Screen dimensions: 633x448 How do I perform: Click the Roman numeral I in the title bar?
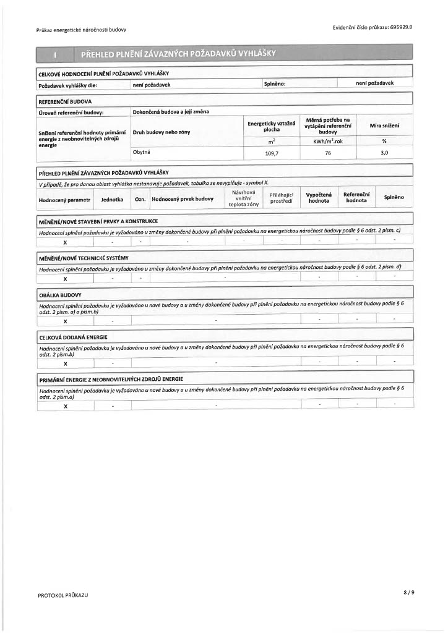coord(56,57)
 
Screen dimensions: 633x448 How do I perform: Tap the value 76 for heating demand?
coord(328,153)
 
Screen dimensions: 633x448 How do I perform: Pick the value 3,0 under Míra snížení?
coord(384,153)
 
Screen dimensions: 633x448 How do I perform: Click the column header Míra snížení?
coord(384,125)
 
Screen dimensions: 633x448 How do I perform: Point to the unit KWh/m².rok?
coord(328,141)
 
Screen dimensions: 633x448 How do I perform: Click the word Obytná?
coord(142,152)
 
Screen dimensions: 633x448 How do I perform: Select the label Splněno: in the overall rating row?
coord(274,85)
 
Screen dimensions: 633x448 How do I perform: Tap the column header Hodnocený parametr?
coord(64,199)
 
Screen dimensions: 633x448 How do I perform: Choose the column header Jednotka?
coord(113,199)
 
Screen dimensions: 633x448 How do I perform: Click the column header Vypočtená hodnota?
coord(319,198)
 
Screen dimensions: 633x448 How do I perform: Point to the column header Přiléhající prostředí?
coord(281,198)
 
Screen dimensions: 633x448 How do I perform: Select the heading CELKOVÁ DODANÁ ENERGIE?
coord(73,337)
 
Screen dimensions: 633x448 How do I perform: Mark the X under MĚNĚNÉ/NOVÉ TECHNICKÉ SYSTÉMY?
coord(65,279)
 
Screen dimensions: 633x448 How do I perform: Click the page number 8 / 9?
coord(408,592)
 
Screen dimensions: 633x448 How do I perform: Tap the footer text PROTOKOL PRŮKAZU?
coord(62,595)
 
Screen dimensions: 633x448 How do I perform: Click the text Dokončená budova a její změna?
coord(171,112)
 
